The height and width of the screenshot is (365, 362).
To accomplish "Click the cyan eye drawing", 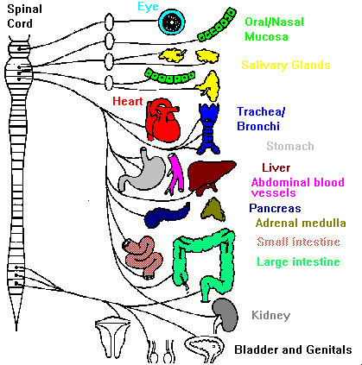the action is click(x=172, y=22).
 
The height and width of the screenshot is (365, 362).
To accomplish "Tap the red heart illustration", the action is click(x=162, y=120).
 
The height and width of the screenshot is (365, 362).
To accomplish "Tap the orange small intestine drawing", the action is click(x=143, y=257).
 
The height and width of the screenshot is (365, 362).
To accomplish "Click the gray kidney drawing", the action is click(x=226, y=315).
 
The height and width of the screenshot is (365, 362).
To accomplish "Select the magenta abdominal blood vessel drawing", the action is click(x=175, y=174).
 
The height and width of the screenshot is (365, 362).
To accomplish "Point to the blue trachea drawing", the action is click(x=209, y=129).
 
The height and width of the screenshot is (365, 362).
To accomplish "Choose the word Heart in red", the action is click(x=128, y=101).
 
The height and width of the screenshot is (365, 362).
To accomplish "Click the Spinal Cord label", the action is click(x=24, y=16).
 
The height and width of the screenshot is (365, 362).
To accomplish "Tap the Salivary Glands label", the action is click(x=286, y=65).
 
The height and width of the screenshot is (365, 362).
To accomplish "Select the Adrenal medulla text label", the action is click(x=301, y=223).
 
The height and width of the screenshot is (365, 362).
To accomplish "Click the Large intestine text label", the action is click(x=298, y=261).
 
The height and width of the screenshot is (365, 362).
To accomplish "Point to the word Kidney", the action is click(x=270, y=315).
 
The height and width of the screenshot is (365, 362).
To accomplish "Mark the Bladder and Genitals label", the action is click(x=293, y=349).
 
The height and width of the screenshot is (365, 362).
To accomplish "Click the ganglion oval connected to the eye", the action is click(x=109, y=22).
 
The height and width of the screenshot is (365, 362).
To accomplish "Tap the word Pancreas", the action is click(x=275, y=208).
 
